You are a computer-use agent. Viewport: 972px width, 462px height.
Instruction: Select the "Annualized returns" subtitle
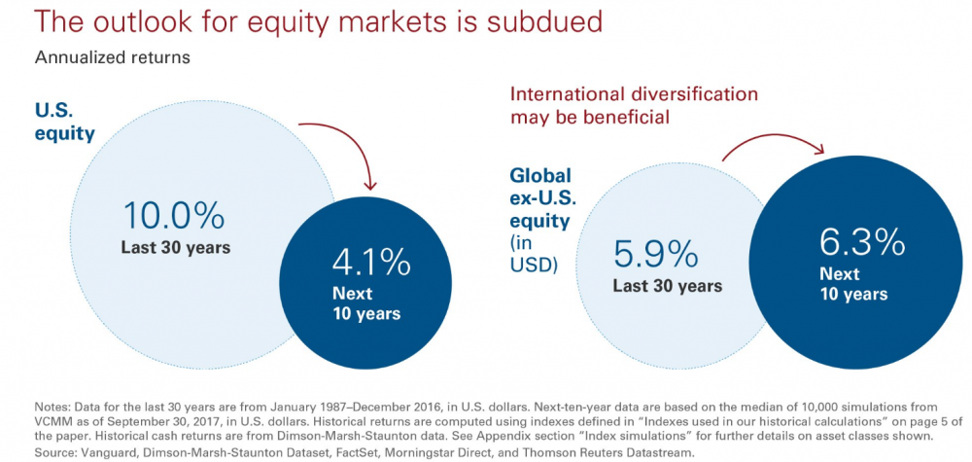[x=112, y=57]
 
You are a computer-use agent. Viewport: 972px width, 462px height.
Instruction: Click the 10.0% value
[x=174, y=217]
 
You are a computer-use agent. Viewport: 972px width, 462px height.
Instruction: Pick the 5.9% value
[x=655, y=254]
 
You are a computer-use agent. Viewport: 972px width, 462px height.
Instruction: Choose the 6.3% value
[x=862, y=243]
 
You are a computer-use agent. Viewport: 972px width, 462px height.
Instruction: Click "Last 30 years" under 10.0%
[x=175, y=247]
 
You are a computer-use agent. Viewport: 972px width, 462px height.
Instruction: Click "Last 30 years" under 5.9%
[x=668, y=287]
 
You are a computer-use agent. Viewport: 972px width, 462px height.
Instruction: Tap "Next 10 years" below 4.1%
[x=366, y=302]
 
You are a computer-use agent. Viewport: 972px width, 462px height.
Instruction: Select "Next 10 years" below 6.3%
[x=853, y=283]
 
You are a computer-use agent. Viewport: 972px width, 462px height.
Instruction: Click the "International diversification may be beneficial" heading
[x=634, y=105]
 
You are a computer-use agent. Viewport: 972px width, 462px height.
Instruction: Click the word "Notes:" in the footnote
[x=52, y=408]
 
